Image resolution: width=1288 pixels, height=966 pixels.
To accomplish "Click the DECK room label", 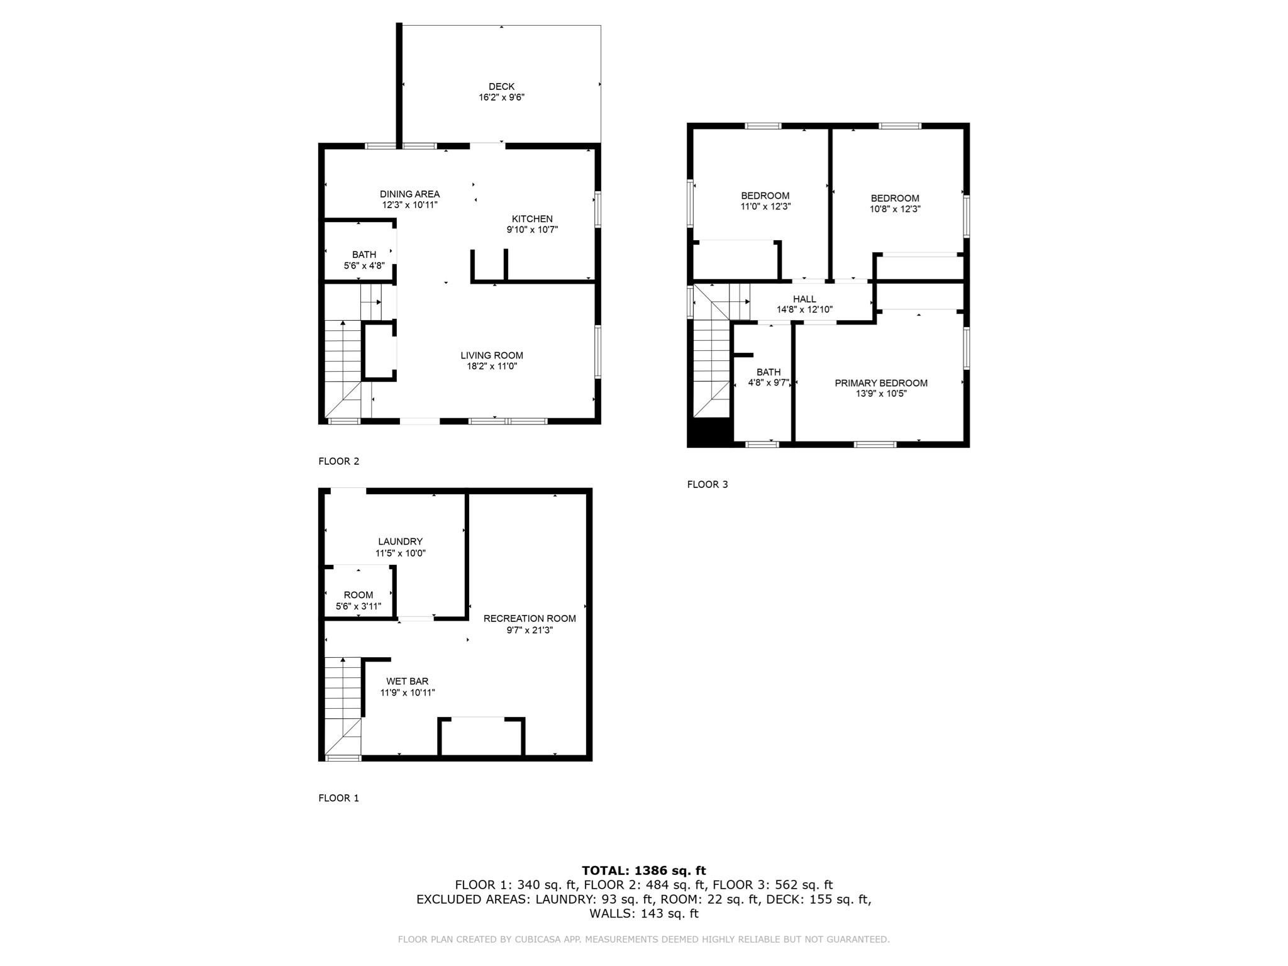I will [x=501, y=87].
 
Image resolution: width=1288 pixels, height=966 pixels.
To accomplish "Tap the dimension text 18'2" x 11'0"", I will [x=491, y=367].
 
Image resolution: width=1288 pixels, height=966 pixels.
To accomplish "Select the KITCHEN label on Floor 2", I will [x=532, y=219].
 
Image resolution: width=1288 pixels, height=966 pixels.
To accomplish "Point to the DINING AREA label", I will [x=409, y=194].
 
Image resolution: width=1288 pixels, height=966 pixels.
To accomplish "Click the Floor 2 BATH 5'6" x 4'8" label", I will [x=364, y=260].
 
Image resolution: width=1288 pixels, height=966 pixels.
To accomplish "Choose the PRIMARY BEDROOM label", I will [x=880, y=383].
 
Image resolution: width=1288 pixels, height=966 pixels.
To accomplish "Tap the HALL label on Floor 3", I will [x=804, y=299].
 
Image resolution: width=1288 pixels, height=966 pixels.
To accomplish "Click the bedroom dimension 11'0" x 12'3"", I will [x=765, y=206].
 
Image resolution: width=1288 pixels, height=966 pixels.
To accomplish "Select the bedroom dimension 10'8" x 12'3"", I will [x=895, y=209].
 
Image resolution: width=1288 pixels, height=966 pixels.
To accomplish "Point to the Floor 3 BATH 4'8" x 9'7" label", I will [x=769, y=377].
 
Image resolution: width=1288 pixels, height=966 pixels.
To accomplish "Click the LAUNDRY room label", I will [x=400, y=541].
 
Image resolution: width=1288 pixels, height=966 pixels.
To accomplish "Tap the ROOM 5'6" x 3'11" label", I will [x=358, y=601].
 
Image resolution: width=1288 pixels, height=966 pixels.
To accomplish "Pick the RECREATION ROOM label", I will [x=530, y=618].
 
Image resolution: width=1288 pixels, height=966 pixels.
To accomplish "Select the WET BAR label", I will [x=408, y=681].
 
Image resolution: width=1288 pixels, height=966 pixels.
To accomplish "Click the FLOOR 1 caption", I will [x=338, y=798].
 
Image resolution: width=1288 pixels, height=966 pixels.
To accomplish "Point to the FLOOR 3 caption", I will [x=707, y=484].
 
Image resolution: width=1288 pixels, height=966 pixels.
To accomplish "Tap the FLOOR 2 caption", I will [x=338, y=461].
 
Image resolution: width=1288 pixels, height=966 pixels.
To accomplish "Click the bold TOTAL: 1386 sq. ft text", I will [x=643, y=871].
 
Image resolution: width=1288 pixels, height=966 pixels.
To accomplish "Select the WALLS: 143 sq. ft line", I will [x=643, y=913].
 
